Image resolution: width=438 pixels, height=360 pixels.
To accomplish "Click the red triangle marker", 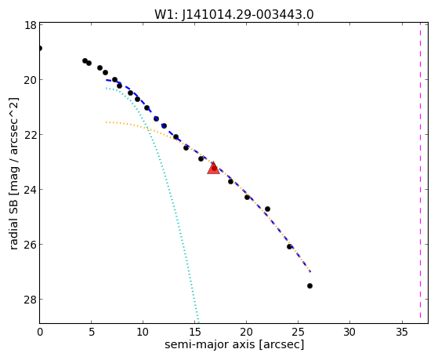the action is [213, 168].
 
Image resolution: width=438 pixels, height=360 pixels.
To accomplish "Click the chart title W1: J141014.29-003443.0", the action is [234, 15].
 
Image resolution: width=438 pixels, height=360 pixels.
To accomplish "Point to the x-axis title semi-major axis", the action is [209, 344].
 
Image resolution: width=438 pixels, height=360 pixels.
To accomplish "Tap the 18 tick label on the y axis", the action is [30, 25].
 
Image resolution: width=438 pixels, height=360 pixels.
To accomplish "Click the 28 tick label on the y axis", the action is [30, 300].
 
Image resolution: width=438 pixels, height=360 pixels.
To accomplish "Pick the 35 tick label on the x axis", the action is [402, 332].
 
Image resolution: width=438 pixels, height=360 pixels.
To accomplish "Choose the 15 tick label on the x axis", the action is [195, 332].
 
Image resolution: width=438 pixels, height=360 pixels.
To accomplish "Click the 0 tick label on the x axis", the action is [40, 332].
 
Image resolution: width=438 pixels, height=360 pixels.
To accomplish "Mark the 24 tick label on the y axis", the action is [30, 190].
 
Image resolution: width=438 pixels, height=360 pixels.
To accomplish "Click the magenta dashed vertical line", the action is [420, 170].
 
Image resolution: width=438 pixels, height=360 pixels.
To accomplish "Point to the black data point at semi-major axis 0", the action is [40, 49].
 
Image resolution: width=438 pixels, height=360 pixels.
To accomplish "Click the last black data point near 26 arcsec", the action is [309, 285].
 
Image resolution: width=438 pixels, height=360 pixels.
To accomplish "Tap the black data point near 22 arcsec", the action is [268, 209].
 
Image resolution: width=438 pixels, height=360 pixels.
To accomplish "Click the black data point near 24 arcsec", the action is [289, 247].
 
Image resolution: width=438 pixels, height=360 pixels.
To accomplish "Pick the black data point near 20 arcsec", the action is [248, 197].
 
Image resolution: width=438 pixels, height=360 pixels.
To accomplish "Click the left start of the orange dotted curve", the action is [106, 122].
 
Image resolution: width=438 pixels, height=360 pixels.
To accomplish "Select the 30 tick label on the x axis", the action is [349, 332].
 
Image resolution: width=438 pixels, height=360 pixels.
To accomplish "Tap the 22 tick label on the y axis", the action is [30, 135].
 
